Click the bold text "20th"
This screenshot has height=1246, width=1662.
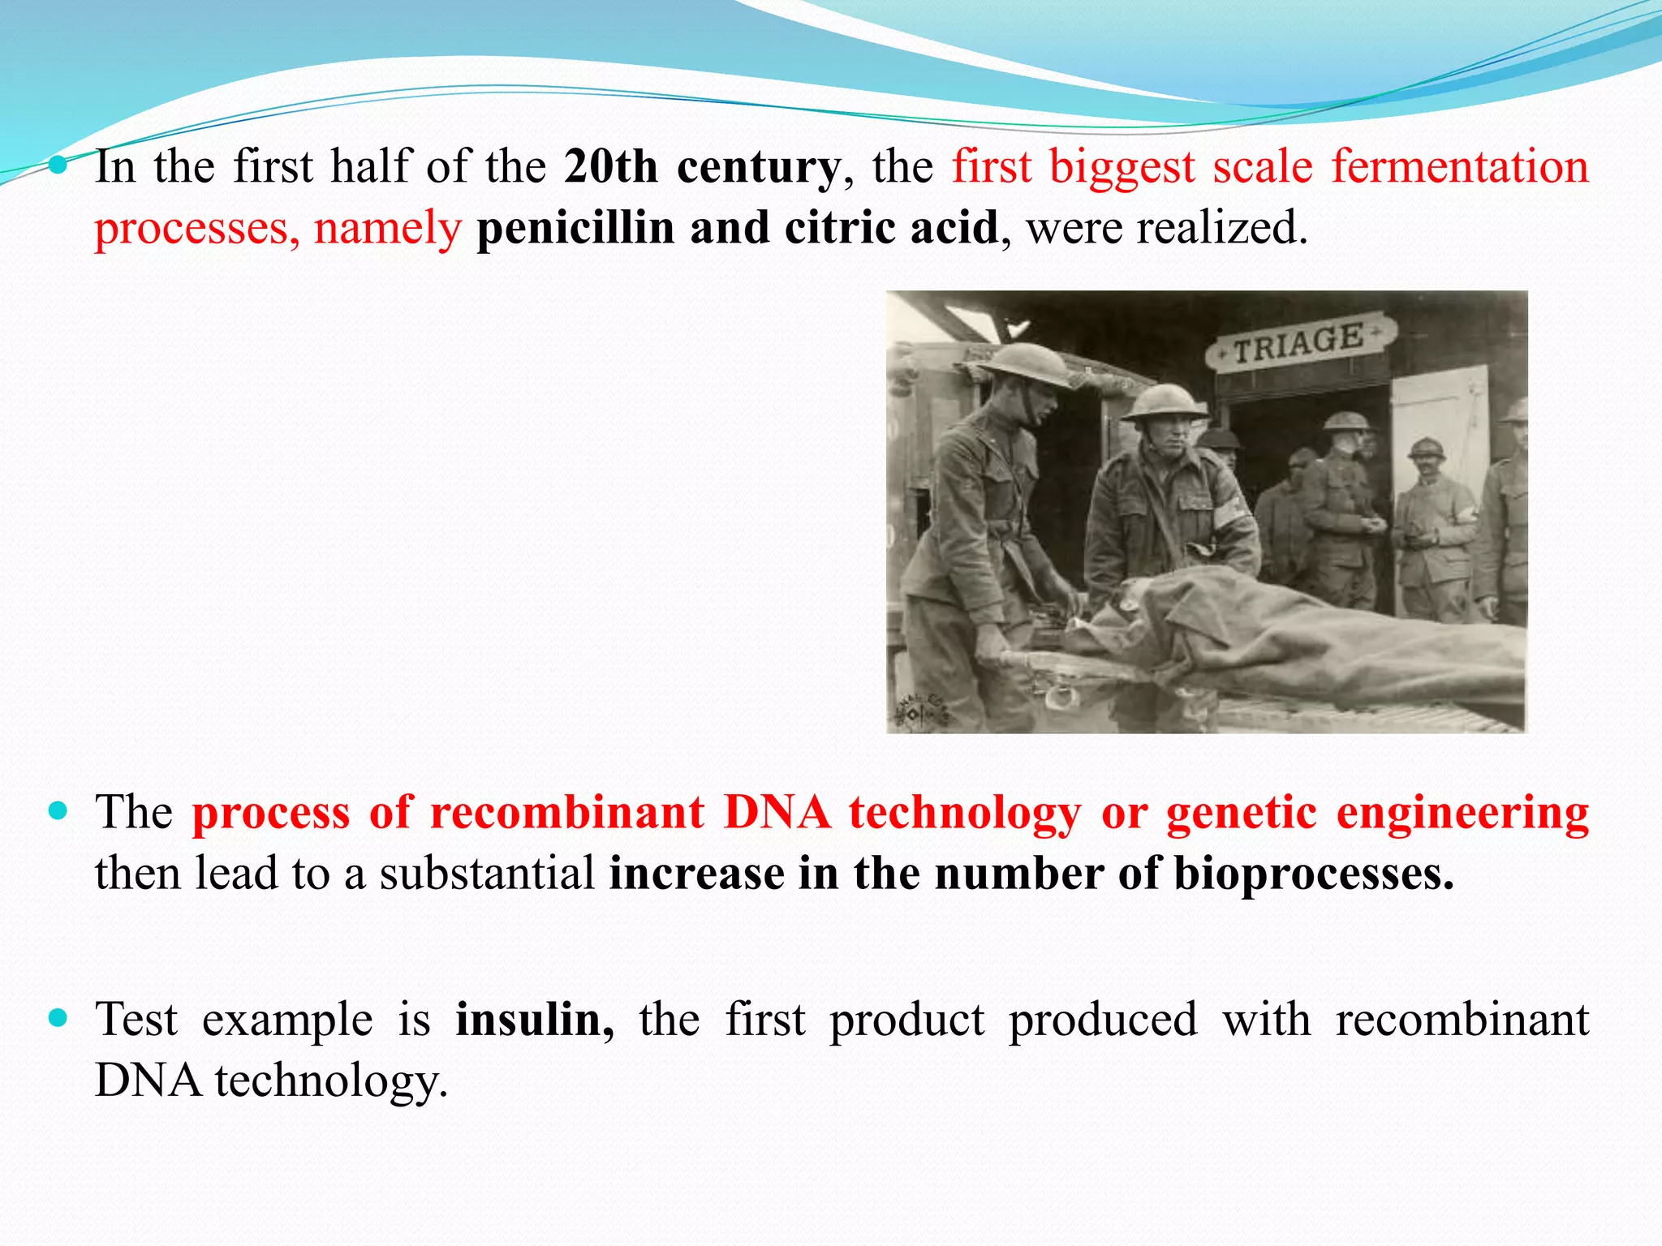tap(610, 167)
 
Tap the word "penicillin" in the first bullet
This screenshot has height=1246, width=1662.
tap(575, 228)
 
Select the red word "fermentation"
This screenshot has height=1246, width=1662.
tap(1459, 167)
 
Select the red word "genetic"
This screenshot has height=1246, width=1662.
tap(1241, 813)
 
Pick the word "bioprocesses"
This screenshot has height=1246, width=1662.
tap(1313, 874)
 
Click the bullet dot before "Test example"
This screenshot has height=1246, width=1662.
tap(58, 1017)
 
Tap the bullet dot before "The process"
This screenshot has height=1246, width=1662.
tap(58, 810)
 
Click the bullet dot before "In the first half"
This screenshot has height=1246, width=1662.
tap(58, 165)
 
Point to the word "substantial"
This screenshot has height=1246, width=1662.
tap(488, 874)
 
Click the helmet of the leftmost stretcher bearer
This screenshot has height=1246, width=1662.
tap(1026, 364)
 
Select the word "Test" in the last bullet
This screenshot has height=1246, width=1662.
tap(136, 1020)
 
